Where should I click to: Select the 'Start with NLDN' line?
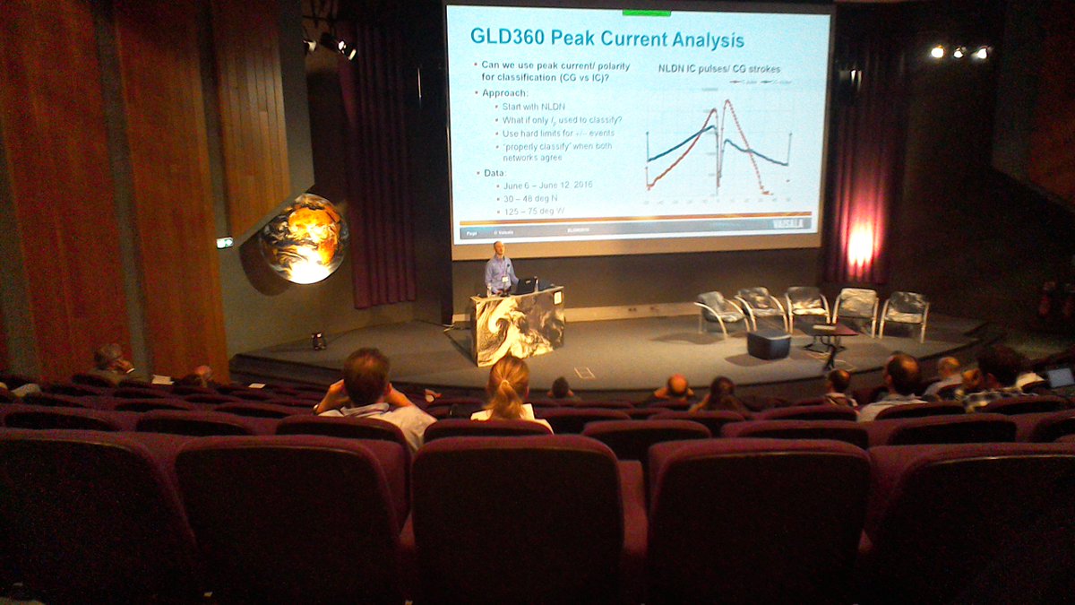[x=536, y=107]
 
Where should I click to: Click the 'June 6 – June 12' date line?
[x=547, y=185]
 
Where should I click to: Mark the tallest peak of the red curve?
[x=726, y=101]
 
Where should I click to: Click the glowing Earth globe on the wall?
[x=304, y=238]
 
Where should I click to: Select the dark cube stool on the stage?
[x=769, y=344]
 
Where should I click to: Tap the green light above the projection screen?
[x=646, y=13]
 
